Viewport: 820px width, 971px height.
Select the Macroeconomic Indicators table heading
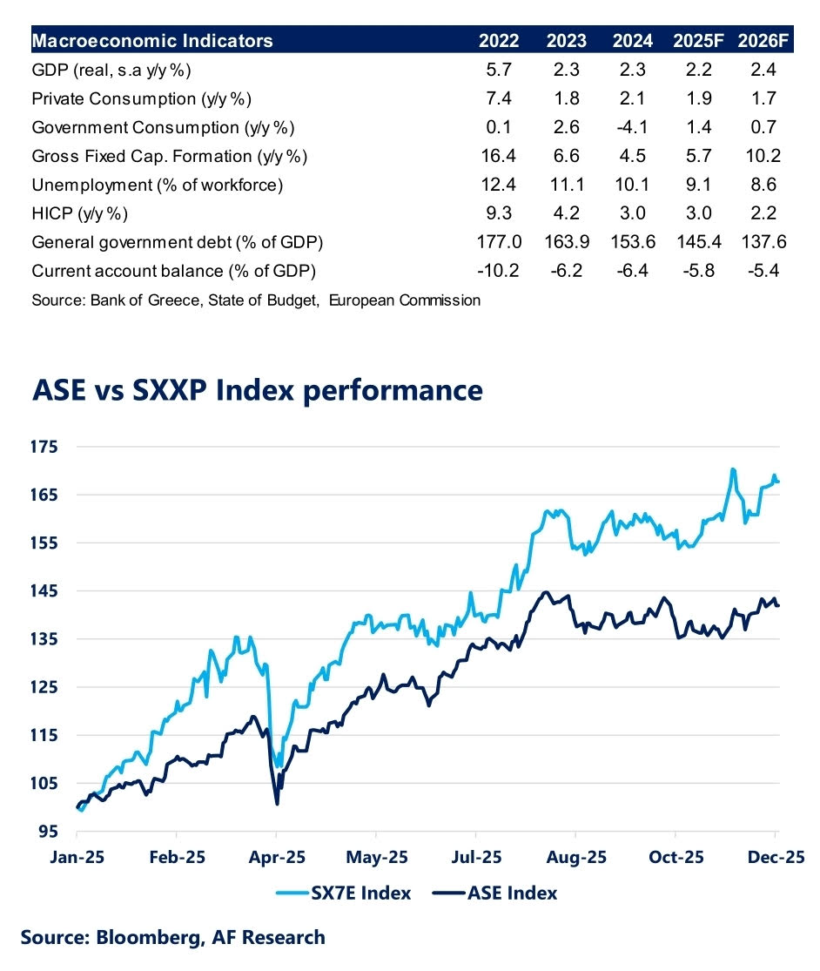coord(151,41)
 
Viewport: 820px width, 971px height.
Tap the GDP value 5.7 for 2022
coord(499,71)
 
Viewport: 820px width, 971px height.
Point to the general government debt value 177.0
coord(499,242)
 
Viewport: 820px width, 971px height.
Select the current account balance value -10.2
coord(499,271)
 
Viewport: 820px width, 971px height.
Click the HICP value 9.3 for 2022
coord(499,213)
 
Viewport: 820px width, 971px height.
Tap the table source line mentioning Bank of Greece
coord(255,300)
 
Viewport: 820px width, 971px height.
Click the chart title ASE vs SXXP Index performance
coord(257,389)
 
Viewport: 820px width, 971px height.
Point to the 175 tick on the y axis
coord(46,447)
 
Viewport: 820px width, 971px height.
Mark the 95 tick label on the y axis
coord(50,831)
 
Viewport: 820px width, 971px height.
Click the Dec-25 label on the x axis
coord(776,857)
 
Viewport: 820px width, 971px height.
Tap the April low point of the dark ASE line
coord(277,803)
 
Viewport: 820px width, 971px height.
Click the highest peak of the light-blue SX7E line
coord(733,469)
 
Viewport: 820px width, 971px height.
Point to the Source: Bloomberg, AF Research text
coord(172,938)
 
